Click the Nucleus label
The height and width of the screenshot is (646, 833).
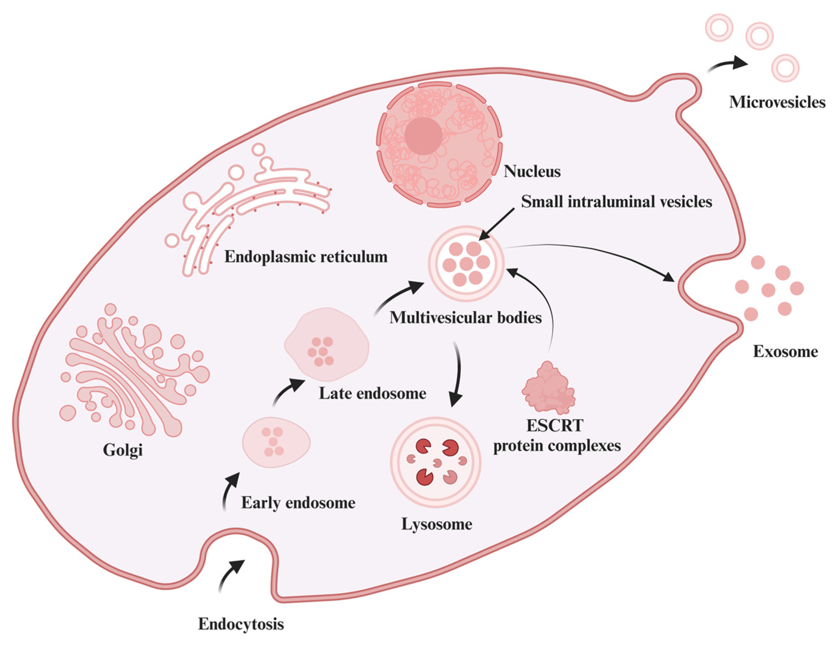(x=532, y=172)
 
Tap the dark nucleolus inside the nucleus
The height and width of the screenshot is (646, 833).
(x=423, y=136)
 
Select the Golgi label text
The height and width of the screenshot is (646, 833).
(x=123, y=450)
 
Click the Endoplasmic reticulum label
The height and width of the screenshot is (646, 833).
(x=306, y=257)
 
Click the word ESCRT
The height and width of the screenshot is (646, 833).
(x=555, y=426)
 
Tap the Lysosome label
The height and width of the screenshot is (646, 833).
(x=437, y=524)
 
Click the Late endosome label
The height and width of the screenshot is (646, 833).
(x=372, y=393)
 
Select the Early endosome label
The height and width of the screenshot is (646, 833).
(x=298, y=503)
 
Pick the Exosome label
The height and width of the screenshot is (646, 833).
(x=785, y=351)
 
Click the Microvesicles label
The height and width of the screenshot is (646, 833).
(x=777, y=102)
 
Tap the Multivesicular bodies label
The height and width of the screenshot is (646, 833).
(x=465, y=317)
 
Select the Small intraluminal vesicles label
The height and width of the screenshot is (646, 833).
(x=616, y=202)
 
